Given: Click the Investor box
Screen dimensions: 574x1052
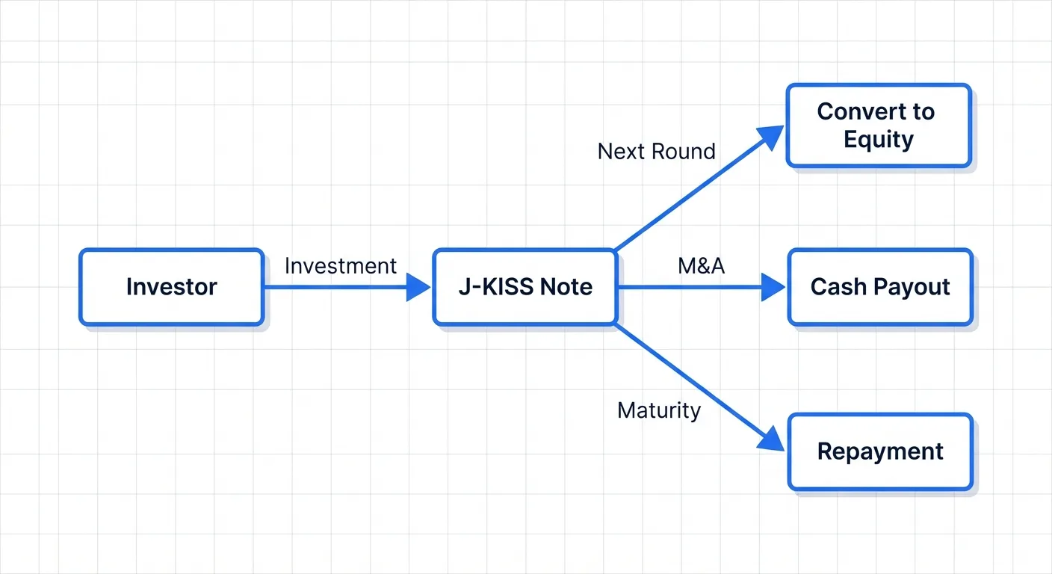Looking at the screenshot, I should [171, 287].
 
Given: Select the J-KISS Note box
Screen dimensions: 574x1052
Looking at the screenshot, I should [525, 287].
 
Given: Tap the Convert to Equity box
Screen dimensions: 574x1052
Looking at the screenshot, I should [878, 126].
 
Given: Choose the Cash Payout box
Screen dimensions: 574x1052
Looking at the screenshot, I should [880, 287].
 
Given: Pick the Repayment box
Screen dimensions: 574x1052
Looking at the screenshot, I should [880, 451].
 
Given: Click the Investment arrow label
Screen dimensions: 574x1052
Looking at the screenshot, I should [341, 266].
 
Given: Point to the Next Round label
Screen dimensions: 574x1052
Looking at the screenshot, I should [656, 152].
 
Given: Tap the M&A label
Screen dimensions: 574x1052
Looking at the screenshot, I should [701, 266].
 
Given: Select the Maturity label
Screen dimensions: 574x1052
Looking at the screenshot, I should [659, 410].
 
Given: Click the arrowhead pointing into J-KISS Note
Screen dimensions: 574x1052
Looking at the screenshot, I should [419, 287].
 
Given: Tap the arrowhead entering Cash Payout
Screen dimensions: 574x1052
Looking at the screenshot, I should [774, 287].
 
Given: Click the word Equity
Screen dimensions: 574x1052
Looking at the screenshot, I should [878, 140].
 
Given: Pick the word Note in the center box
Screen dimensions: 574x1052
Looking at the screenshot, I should [566, 287].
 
